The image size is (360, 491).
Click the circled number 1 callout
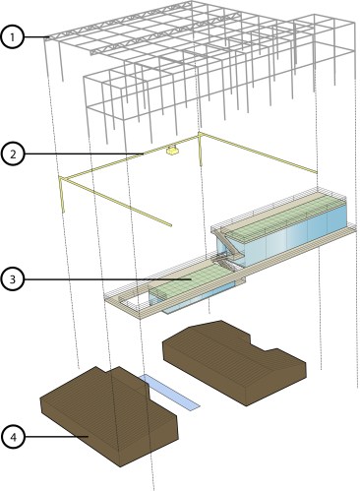pos(13,37)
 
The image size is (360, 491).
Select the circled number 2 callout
pos(13,153)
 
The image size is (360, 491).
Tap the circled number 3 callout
pos(13,279)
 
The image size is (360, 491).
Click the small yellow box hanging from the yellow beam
pos(173,151)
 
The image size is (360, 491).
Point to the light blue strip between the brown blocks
pos(170,393)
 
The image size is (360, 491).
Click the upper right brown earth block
pos(234,362)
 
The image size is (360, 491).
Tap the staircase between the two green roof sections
pos(228,249)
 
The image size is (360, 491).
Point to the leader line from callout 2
pos(85,153)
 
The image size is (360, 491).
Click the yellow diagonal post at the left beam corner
pos(62,194)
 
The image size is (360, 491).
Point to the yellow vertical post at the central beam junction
pos(200,150)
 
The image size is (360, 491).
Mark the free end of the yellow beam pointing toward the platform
pos(171,225)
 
